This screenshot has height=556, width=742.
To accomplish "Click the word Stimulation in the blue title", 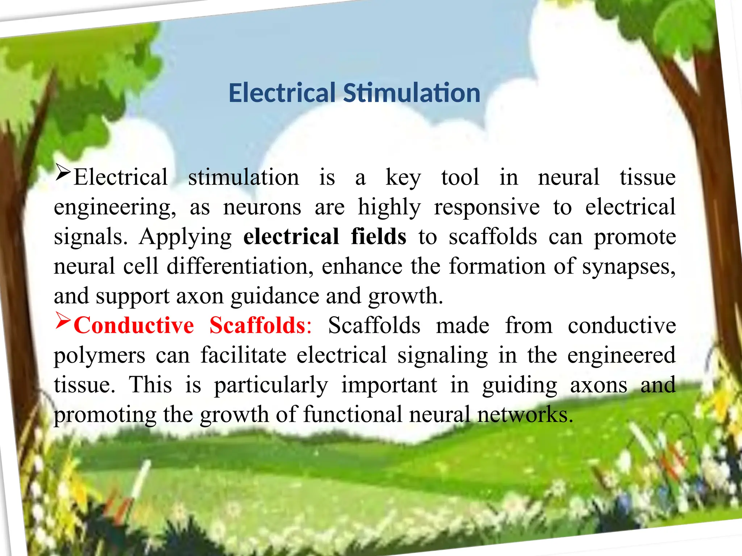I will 412,93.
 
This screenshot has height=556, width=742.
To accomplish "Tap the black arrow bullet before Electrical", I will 63,172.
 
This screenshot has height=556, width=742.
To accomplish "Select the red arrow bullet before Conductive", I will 63,320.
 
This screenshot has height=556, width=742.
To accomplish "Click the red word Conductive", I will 134,325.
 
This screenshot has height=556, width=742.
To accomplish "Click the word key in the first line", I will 403,178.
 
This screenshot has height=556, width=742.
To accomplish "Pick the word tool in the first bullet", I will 460,177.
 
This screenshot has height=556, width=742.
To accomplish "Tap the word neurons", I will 262,207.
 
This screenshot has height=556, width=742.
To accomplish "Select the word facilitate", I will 243,355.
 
